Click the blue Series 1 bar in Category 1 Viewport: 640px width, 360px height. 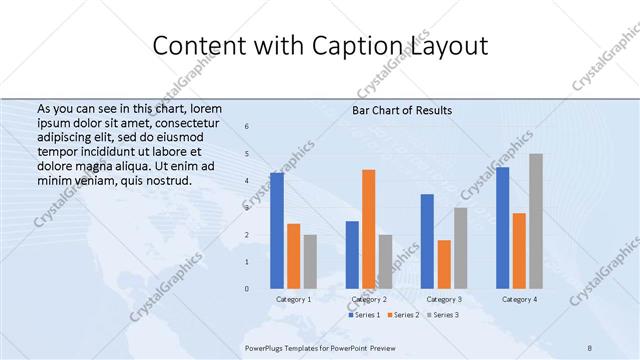point(276,231)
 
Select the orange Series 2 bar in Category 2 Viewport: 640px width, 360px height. point(369,229)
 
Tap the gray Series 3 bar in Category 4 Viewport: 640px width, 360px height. point(536,221)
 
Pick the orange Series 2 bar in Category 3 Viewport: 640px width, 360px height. point(444,264)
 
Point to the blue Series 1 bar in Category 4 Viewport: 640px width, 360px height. point(502,228)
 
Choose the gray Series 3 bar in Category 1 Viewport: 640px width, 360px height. point(310,262)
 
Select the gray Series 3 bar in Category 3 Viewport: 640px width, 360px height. point(461,248)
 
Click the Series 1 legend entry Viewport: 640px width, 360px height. point(362,315)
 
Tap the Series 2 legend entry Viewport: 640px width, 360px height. point(401,315)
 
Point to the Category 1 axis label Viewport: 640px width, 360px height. point(293,299)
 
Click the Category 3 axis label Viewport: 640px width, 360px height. point(444,299)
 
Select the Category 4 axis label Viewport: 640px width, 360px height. point(519,299)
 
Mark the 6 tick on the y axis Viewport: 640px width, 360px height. point(248,127)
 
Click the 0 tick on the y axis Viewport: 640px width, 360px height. point(248,289)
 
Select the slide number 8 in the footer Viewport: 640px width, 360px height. point(590,347)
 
